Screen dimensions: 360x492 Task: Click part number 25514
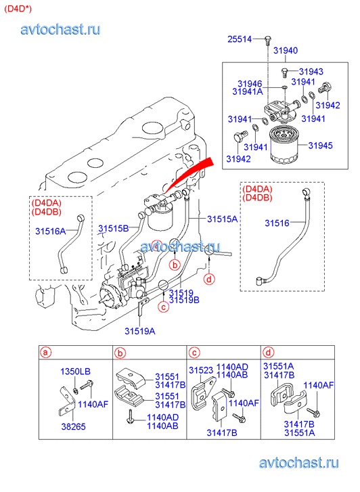tap(240, 39)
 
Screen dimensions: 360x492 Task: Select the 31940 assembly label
tap(286, 50)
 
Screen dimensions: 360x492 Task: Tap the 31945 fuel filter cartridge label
tap(320, 146)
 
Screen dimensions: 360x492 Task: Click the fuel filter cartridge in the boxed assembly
tap(284, 144)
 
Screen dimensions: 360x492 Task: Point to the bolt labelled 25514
tap(268, 40)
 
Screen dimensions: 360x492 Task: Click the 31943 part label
tap(311, 72)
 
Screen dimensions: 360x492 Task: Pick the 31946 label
tap(250, 83)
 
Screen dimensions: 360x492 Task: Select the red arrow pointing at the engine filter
tap(188, 174)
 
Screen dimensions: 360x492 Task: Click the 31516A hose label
tap(51, 231)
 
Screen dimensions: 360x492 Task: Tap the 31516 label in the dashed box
tap(277, 223)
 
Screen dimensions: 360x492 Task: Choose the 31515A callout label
tap(222, 219)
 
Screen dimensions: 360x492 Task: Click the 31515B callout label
tap(113, 229)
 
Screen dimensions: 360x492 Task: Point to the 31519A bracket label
tap(139, 331)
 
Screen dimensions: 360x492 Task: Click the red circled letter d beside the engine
tap(209, 279)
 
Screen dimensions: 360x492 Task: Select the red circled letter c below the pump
tap(163, 307)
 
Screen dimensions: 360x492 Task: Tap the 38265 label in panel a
tap(73, 426)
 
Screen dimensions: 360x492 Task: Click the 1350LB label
tap(75, 372)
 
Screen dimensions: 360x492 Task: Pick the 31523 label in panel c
tap(201, 370)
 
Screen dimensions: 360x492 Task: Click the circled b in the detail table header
tap(120, 353)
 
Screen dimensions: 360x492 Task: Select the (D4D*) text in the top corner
tap(18, 9)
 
